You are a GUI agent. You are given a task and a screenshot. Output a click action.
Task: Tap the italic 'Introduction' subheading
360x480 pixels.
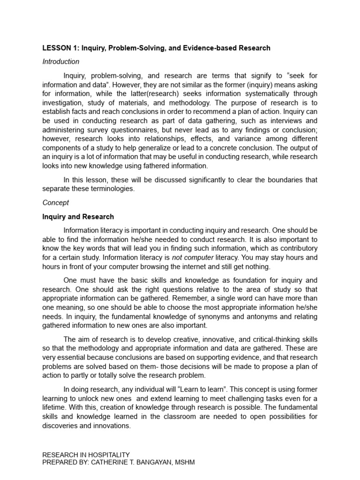click(61, 61)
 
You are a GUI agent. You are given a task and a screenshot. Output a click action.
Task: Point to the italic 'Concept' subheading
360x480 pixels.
click(55, 203)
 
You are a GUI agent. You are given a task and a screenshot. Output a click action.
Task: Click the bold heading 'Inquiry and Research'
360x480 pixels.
click(78, 217)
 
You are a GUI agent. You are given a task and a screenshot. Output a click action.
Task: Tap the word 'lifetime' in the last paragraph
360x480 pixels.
click(55, 408)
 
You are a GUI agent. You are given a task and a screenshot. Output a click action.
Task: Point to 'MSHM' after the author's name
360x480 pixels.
click(185, 462)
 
